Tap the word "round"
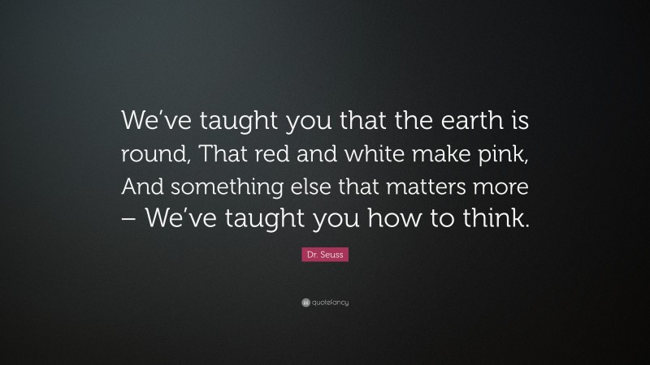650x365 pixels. tap(149, 156)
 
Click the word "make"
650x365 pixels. tap(427, 156)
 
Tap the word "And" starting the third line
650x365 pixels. tap(140, 187)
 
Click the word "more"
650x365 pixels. tap(505, 187)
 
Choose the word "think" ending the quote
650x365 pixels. tap(491, 219)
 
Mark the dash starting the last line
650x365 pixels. tap(131, 220)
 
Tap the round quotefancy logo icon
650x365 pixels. tap(305, 303)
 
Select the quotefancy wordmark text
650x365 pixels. tap(330, 303)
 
